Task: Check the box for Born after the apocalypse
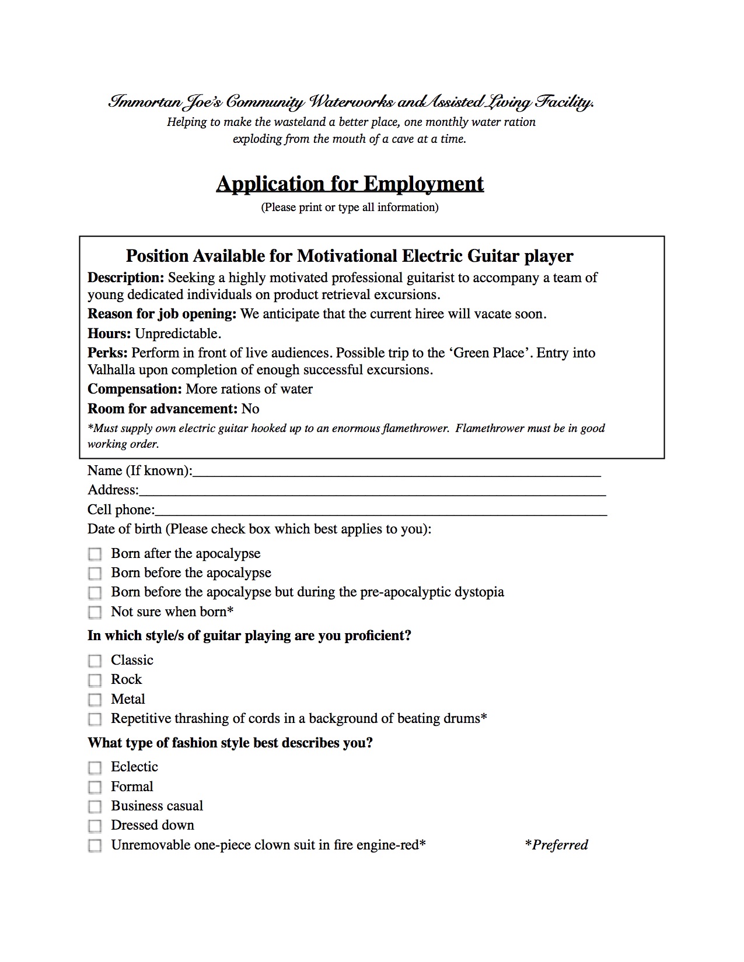point(95,554)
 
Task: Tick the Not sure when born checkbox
point(95,612)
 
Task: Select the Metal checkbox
point(95,700)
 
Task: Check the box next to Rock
point(95,680)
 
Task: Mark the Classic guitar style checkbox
point(95,661)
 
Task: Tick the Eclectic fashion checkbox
point(95,767)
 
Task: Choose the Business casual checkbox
point(95,806)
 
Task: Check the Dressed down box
point(95,826)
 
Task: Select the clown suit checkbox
point(95,845)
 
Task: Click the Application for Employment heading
point(350,184)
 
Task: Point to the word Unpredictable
point(178,334)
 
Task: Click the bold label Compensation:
point(135,389)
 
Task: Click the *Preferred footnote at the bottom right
point(557,845)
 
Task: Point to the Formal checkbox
point(95,787)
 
